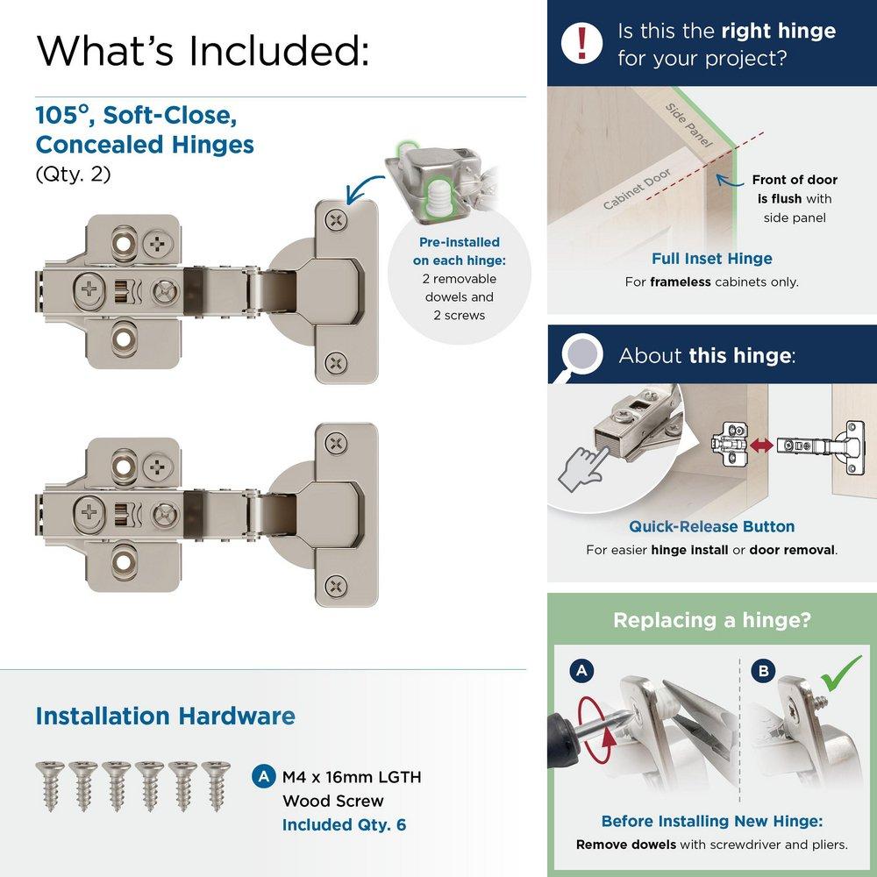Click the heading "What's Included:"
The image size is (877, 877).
(x=203, y=50)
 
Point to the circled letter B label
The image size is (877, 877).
(x=764, y=672)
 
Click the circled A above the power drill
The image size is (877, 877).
(x=580, y=672)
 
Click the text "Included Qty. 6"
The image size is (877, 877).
(x=344, y=824)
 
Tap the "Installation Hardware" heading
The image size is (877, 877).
(x=165, y=716)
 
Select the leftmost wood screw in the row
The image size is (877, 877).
(x=49, y=784)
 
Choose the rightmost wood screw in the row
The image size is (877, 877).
(x=214, y=784)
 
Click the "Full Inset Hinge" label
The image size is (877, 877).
(x=711, y=259)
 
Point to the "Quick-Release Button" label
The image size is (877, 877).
(x=711, y=526)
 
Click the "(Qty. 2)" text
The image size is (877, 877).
(x=74, y=174)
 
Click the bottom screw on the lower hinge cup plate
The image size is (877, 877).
(x=336, y=585)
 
